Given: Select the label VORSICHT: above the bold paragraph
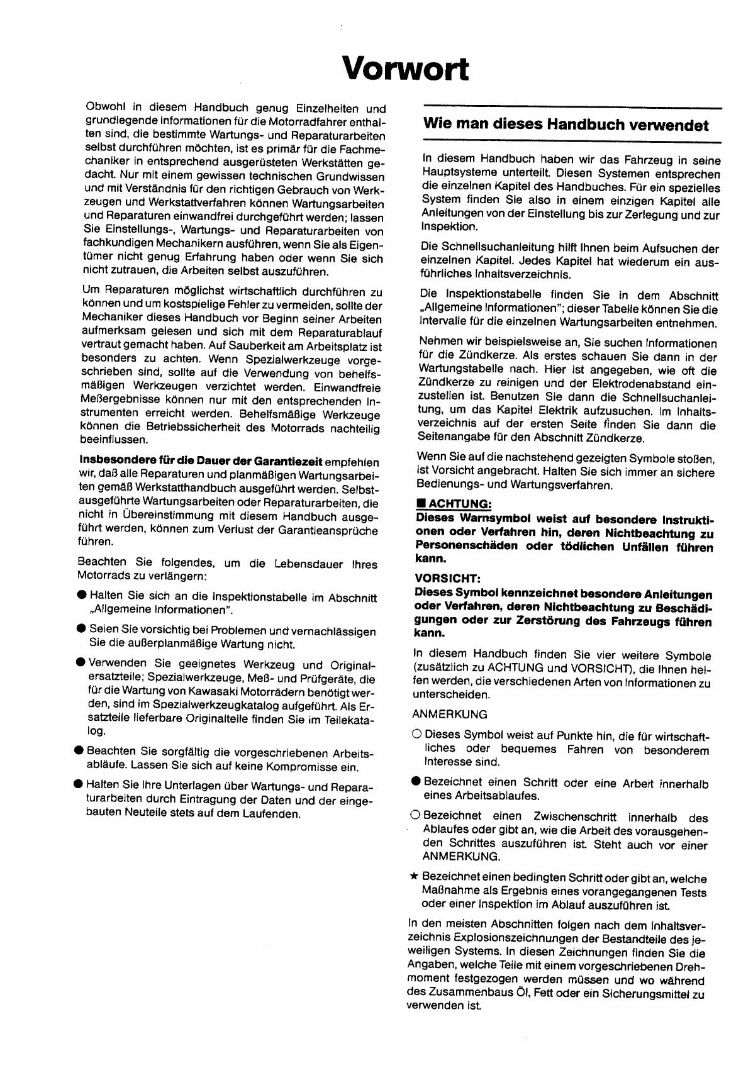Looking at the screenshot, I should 443,578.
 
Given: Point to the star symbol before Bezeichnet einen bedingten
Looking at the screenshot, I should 413,876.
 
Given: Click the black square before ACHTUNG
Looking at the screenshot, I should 422,504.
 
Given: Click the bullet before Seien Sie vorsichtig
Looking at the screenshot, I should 81,629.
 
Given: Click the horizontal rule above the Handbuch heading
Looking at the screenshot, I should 572,106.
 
